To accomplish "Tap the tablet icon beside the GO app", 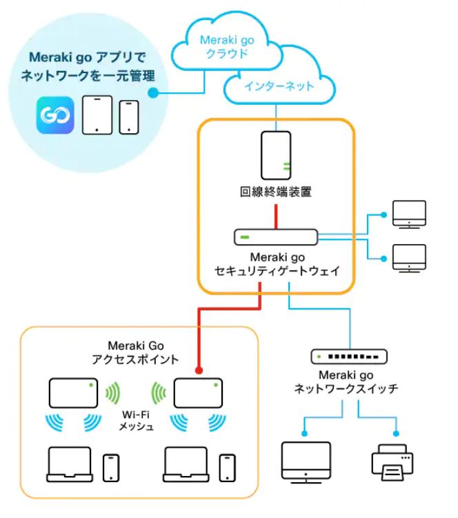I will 97,114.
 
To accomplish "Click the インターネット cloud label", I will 279,87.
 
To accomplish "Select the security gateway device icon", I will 275,238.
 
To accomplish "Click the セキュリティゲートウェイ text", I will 275,271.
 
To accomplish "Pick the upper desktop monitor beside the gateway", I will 409,215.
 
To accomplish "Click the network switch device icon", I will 348,357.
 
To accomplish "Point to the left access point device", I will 73,393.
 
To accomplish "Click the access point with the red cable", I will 197,393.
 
